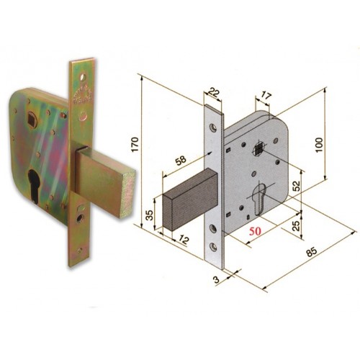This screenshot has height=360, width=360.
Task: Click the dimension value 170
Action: [x=135, y=144]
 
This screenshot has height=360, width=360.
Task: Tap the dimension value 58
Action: [x=181, y=160]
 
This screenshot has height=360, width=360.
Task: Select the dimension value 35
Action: [x=149, y=215]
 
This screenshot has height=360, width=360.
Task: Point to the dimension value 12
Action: [x=184, y=240]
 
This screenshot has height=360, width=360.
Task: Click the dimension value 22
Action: [x=213, y=92]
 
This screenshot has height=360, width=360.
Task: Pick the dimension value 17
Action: [x=265, y=96]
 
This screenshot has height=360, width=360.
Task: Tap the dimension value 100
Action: [x=320, y=145]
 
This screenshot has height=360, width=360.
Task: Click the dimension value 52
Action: [x=297, y=186]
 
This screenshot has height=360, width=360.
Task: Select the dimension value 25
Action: [x=297, y=225]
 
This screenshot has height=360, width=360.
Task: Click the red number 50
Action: [x=255, y=231]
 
